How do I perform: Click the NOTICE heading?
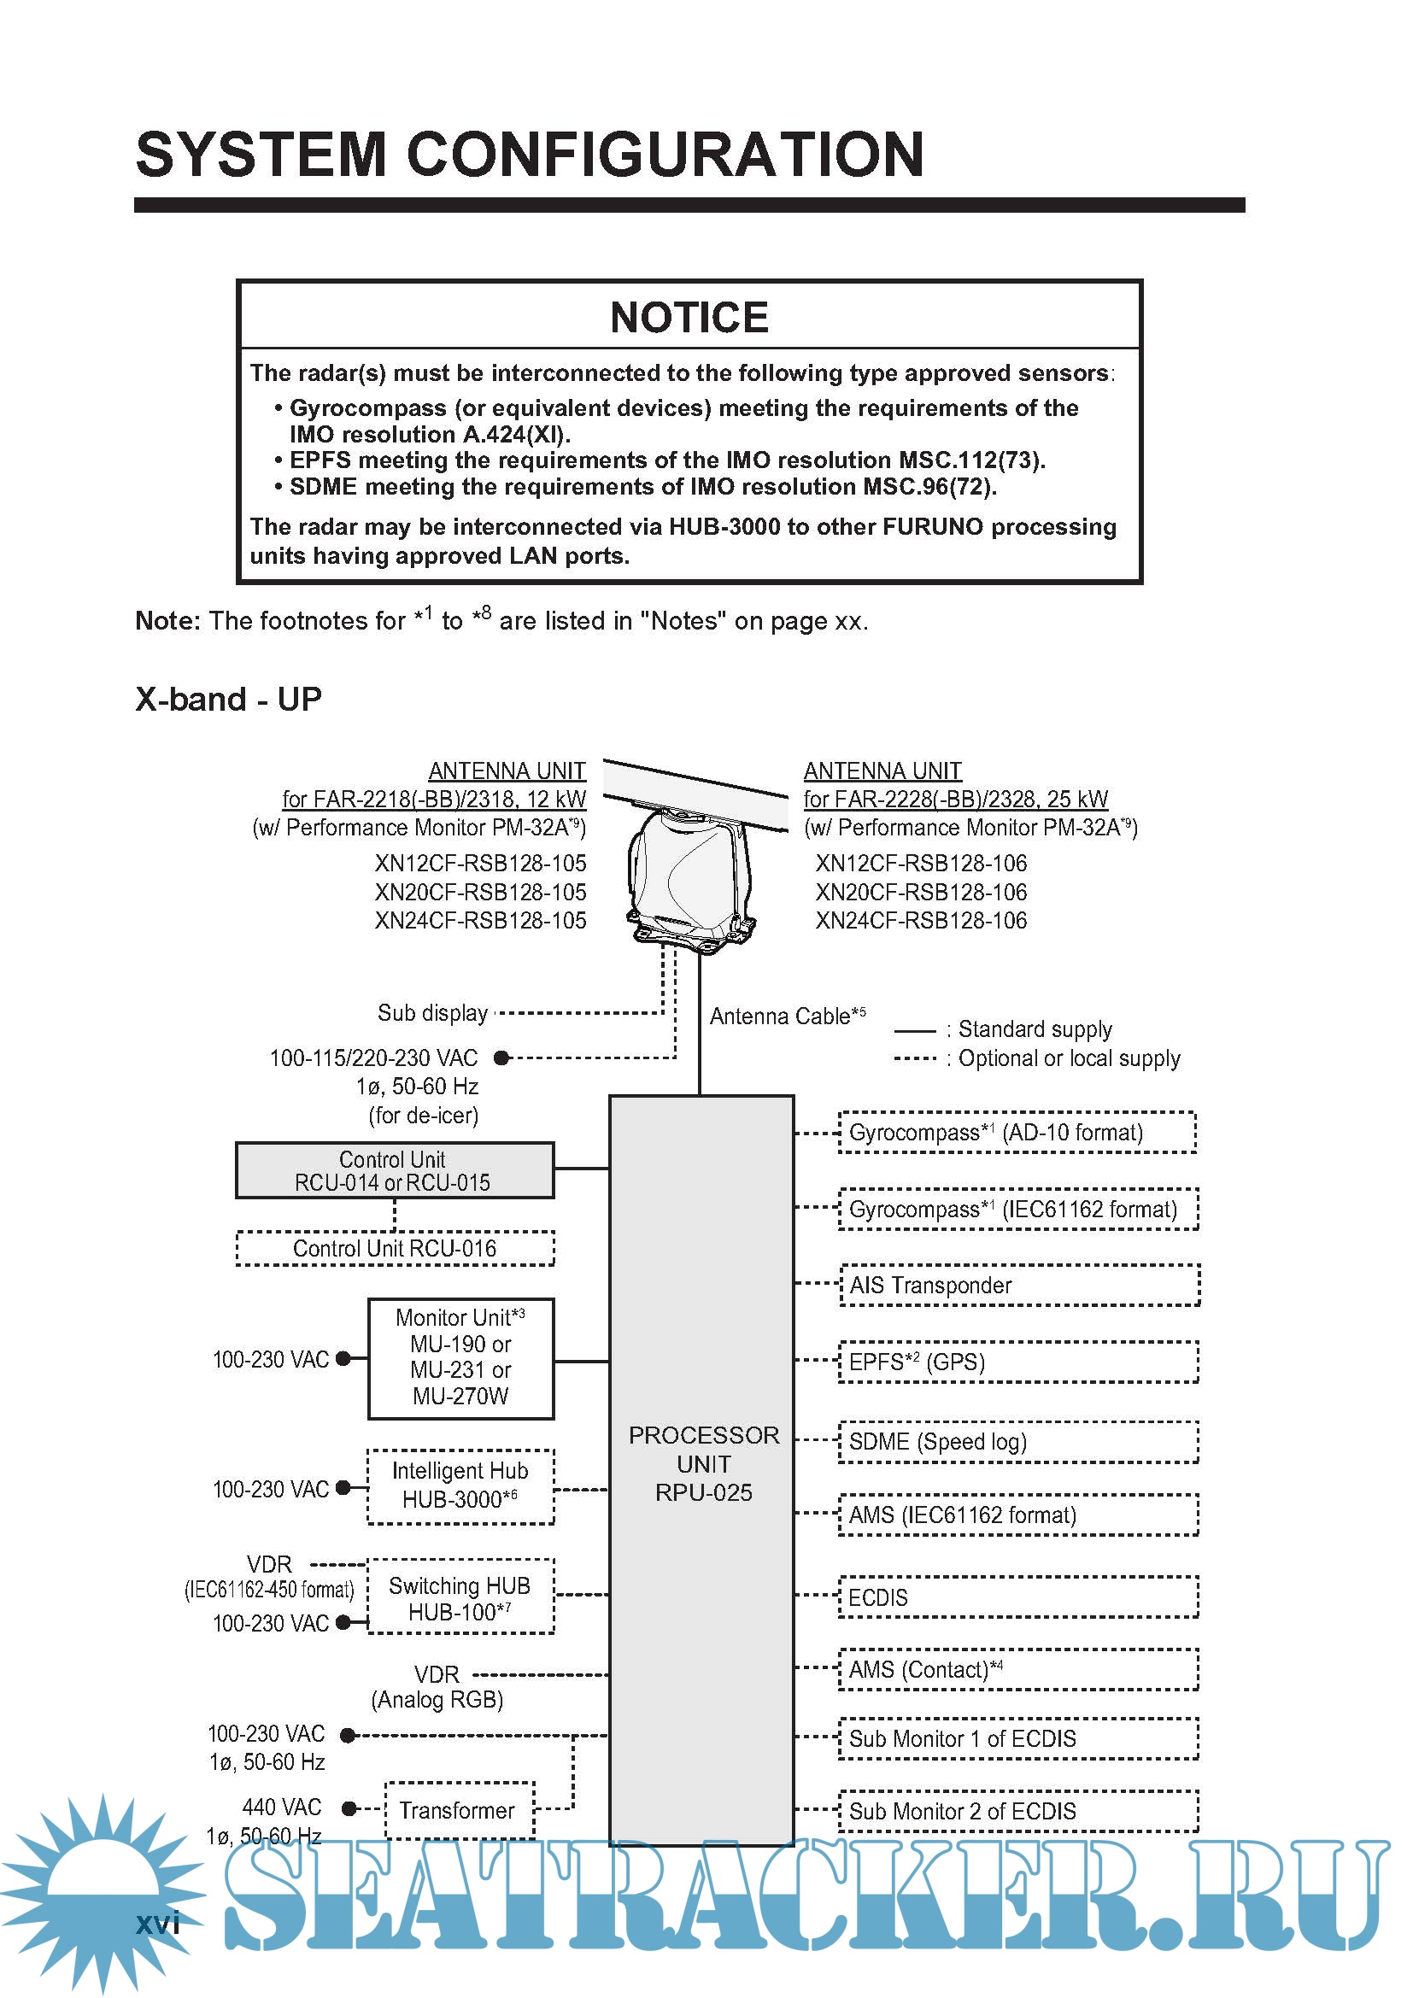[689, 318]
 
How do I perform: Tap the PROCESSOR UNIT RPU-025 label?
[703, 1464]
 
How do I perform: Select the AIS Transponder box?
[1018, 1286]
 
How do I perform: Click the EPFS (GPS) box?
[1018, 1362]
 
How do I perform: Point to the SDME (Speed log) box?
[1018, 1442]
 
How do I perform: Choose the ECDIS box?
[1018, 1597]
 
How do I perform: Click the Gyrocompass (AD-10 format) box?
[1017, 1132]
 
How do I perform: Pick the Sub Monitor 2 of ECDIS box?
[1018, 1811]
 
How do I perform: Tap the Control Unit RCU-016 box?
[395, 1249]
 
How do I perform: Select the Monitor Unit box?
[460, 1358]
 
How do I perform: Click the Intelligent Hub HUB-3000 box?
[460, 1486]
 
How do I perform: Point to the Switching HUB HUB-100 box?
[460, 1598]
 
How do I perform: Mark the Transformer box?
[459, 1810]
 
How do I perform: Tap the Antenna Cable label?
[788, 1016]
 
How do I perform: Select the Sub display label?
[432, 1013]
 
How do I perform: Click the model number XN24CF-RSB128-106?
[921, 921]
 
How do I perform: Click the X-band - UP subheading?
[229, 699]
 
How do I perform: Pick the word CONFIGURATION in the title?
[665, 155]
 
